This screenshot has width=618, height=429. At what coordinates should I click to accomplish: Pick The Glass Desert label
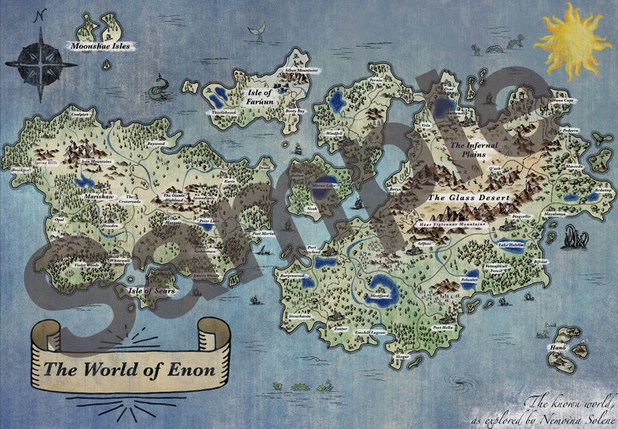468,198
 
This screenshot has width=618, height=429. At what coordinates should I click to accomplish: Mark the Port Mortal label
264,234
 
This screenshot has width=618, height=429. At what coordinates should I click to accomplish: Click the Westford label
379,297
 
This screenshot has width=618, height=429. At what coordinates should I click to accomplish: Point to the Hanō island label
557,347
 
